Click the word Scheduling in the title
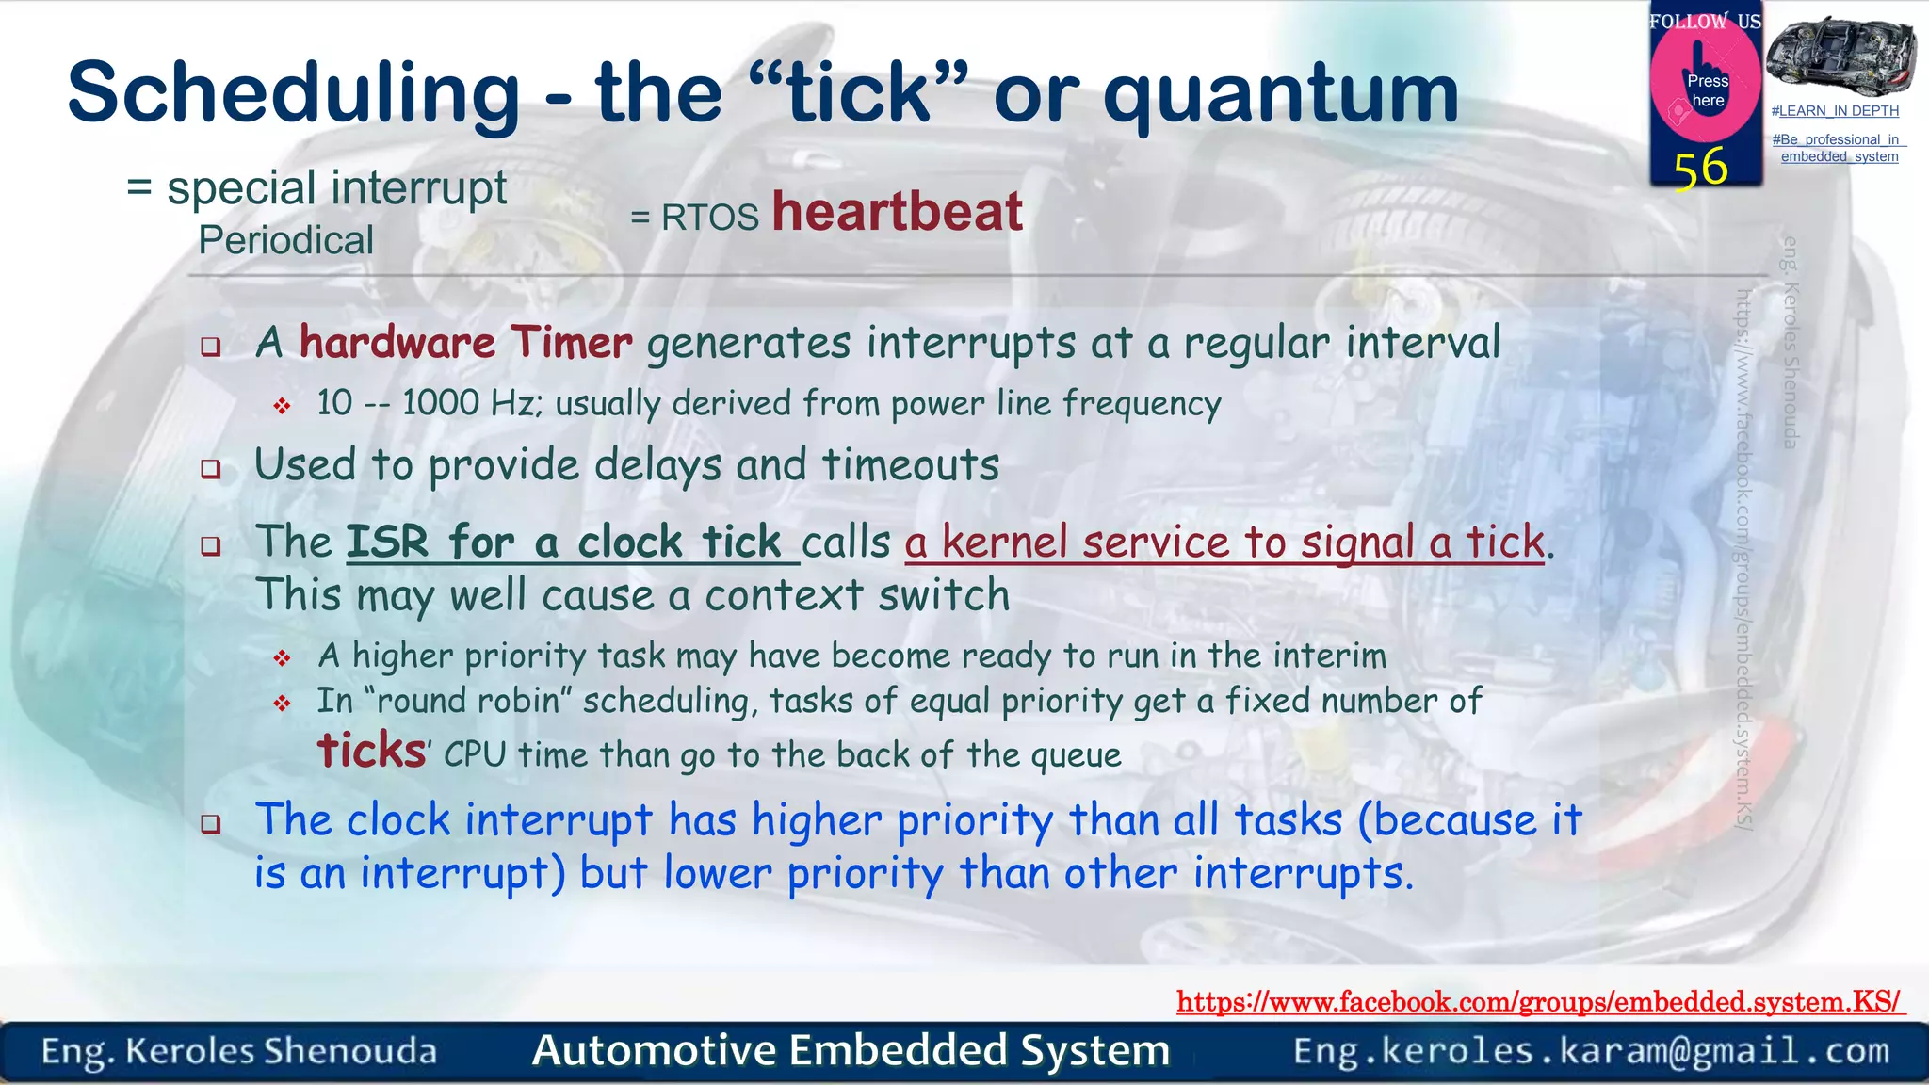(293, 94)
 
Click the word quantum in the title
(1281, 94)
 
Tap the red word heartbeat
(897, 211)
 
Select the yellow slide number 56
(1701, 168)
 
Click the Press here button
(1707, 90)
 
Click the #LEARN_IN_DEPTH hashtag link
(1835, 111)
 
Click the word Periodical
(285, 241)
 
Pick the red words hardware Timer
(465, 342)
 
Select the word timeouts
(910, 465)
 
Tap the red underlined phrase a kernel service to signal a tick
(1224, 542)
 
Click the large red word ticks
(371, 751)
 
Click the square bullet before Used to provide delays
(211, 468)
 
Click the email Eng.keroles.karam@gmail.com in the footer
(1591, 1051)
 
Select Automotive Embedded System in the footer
(851, 1051)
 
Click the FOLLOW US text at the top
(1705, 22)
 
